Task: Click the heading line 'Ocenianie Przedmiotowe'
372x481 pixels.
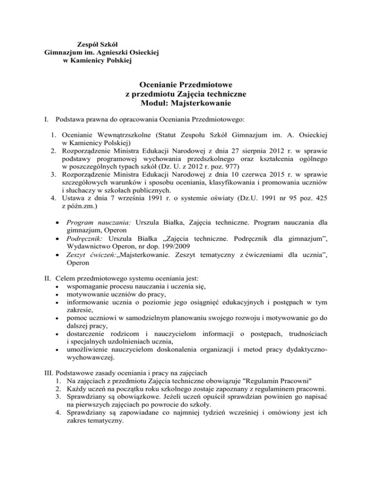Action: tap(186, 84)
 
